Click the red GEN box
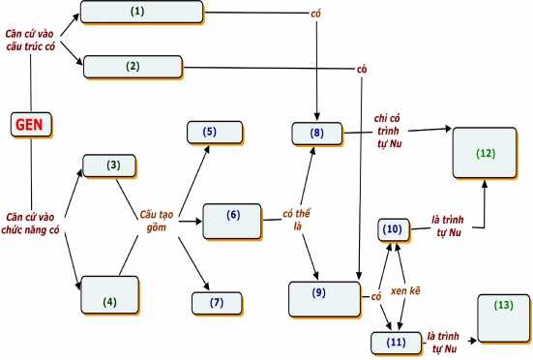point(32,124)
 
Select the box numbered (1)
point(141,12)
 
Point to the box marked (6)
point(217,302)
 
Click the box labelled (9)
point(392,229)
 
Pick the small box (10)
point(397,342)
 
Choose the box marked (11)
point(485,153)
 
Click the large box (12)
point(503,317)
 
